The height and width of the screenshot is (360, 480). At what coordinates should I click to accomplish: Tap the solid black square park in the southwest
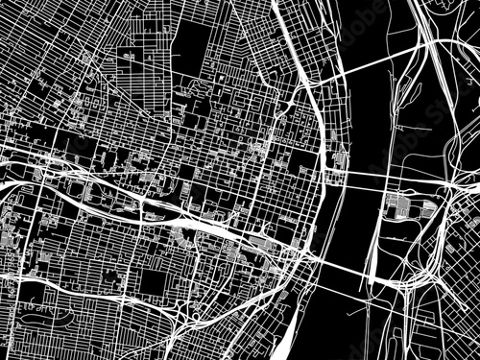153,283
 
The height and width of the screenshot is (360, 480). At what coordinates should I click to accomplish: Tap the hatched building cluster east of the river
403,206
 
